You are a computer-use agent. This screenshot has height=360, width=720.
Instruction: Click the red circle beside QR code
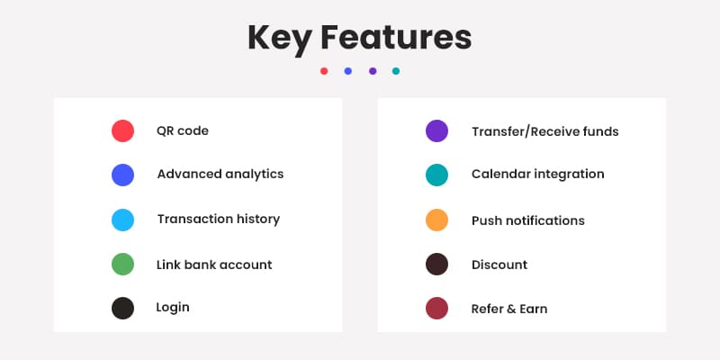(122, 130)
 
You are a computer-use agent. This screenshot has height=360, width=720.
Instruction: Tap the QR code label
(183, 130)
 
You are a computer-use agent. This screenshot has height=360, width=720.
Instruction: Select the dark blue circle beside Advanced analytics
(122, 175)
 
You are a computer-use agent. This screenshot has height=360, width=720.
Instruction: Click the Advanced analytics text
(220, 175)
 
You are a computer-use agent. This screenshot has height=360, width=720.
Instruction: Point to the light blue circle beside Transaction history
(122, 220)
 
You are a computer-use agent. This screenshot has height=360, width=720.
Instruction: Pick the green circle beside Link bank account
(122, 264)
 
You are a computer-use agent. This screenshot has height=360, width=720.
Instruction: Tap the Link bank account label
(214, 265)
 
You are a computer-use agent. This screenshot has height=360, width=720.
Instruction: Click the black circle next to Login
(122, 308)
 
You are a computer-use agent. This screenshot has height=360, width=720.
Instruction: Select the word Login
(173, 308)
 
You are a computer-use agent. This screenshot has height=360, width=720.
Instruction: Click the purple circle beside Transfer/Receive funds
(436, 130)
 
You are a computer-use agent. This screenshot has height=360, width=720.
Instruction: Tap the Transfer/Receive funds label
(545, 131)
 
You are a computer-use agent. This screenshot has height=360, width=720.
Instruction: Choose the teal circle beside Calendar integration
(436, 175)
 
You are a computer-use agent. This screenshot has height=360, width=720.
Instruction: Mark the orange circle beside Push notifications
(436, 220)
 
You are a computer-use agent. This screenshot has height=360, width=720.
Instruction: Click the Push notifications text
(528, 220)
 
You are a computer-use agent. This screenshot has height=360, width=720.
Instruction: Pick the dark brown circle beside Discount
(436, 264)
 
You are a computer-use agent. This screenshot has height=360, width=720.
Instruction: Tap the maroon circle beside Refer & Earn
(436, 308)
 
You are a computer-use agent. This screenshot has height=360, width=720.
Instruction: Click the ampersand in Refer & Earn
(512, 309)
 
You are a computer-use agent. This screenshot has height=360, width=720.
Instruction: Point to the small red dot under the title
(324, 71)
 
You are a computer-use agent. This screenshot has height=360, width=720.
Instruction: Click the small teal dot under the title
(396, 71)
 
